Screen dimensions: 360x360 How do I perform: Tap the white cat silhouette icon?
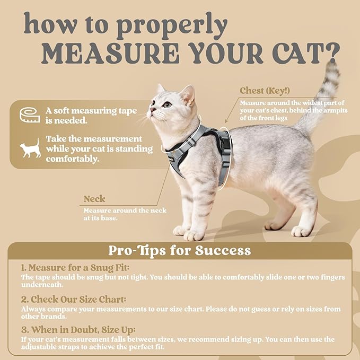(x=30, y=148)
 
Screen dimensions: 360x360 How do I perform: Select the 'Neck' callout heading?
(x=94, y=199)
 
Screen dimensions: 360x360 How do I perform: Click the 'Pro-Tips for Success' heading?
(x=180, y=250)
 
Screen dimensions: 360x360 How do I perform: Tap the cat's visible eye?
(x=168, y=104)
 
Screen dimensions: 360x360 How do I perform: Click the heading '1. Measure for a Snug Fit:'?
(x=75, y=268)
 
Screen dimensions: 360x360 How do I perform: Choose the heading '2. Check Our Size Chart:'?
(x=74, y=299)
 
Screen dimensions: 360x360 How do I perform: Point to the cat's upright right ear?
(x=187, y=94)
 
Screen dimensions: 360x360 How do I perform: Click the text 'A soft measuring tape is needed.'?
(x=91, y=116)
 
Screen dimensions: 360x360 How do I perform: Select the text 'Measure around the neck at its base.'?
(x=125, y=214)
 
